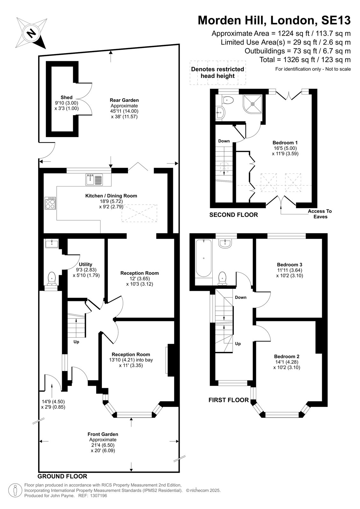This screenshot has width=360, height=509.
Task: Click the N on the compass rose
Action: [32, 33]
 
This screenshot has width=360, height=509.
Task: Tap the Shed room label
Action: [67, 97]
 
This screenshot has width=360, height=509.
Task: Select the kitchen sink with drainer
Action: [94, 179]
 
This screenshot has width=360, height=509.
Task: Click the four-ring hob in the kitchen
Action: [50, 203]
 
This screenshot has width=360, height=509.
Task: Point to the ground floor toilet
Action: [52, 279]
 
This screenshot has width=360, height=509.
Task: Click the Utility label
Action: [85, 264]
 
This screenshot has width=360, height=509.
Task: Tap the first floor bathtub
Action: [203, 258]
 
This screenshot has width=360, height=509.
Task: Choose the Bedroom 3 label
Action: [290, 264]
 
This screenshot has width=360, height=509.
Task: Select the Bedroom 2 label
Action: [286, 356]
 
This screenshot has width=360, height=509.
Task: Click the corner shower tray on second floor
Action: [252, 104]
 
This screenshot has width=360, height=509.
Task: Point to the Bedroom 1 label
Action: [285, 143]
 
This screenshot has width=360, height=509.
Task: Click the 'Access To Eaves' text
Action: [320, 214]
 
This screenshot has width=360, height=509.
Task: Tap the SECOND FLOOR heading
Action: [234, 215]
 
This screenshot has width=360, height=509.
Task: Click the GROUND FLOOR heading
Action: [62, 476]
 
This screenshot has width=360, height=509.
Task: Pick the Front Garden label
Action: [103, 434]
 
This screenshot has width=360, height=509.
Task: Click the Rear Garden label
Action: [124, 100]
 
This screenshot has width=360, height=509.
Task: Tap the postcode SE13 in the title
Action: [336, 20]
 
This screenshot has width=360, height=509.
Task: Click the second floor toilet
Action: [228, 100]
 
